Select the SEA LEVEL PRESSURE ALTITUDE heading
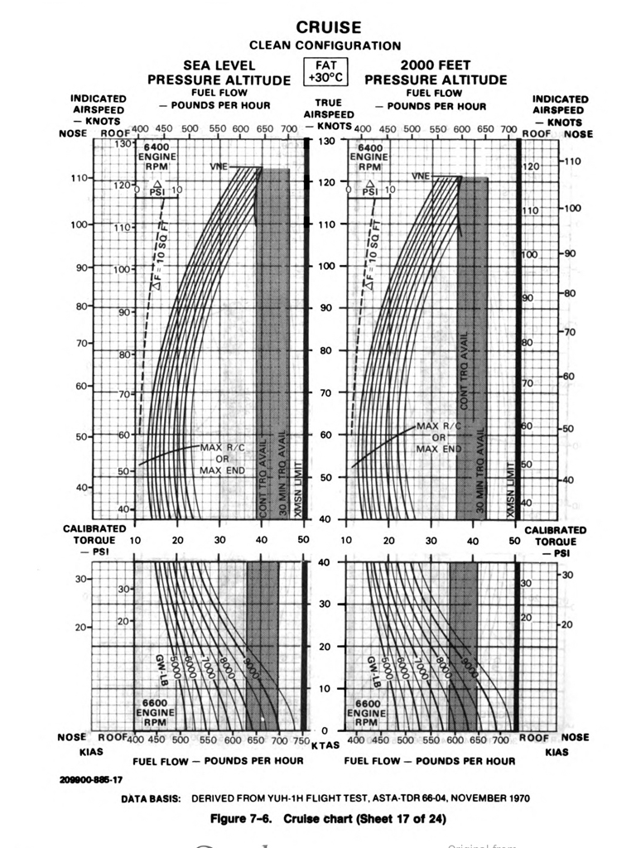click(219, 73)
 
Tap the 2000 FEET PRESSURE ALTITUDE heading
click(436, 73)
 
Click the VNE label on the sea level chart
click(219, 167)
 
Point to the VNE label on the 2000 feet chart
click(421, 176)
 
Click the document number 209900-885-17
click(91, 779)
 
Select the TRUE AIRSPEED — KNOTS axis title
click(328, 114)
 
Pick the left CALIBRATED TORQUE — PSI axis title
click(94, 540)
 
